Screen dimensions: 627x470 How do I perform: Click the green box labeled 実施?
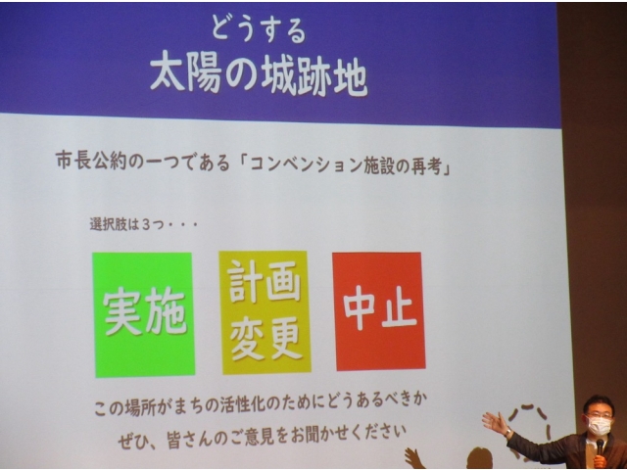(x=144, y=314)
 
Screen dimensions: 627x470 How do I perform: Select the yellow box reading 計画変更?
(x=265, y=311)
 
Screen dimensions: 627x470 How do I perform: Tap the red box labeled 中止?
(x=379, y=311)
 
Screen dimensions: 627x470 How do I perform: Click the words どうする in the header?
(x=259, y=29)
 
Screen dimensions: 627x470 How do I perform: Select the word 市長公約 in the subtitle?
(x=91, y=163)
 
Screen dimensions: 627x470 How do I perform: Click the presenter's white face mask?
(x=599, y=426)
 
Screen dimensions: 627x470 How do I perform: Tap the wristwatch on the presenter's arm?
(x=507, y=433)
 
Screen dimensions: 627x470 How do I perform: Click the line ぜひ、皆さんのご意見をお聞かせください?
(x=262, y=436)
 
